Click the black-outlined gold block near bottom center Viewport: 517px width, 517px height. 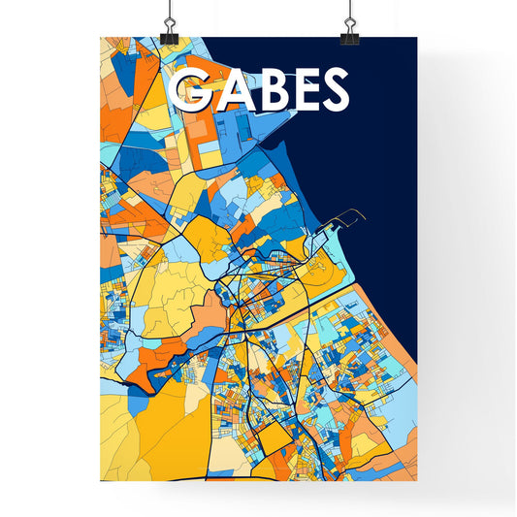coord(274,441)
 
